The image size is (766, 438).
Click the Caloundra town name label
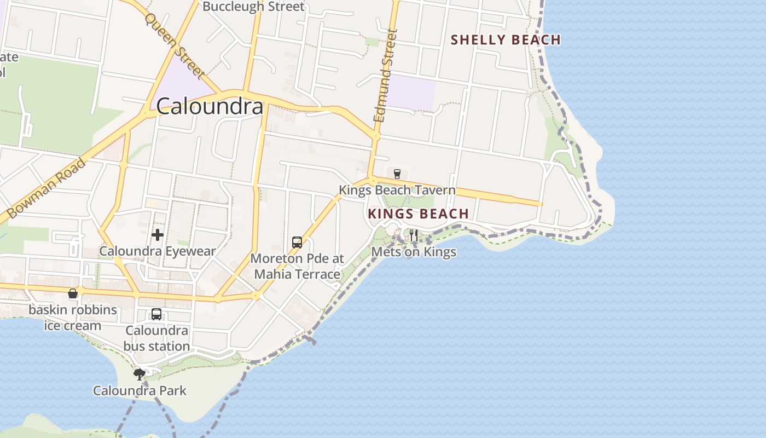(210, 106)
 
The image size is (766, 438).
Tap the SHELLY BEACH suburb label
(506, 39)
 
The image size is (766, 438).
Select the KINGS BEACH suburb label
(418, 214)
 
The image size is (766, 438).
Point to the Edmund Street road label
(385, 76)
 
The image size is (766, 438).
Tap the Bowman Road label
(47, 188)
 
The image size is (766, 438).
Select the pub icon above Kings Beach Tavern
(397, 174)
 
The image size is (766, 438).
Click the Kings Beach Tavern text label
(397, 190)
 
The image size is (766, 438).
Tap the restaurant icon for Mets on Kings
(414, 235)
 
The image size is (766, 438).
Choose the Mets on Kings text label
(414, 252)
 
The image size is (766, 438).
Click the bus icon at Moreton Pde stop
(297, 242)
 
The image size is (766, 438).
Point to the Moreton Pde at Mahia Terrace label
(297, 266)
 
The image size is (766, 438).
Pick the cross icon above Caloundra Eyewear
(158, 235)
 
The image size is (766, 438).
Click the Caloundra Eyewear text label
(158, 251)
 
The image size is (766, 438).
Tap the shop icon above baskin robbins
(73, 294)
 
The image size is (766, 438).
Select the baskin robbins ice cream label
(73, 318)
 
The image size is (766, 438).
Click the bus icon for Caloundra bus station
(156, 314)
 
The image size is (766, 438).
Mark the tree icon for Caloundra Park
(140, 374)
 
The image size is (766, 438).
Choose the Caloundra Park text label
(140, 390)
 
